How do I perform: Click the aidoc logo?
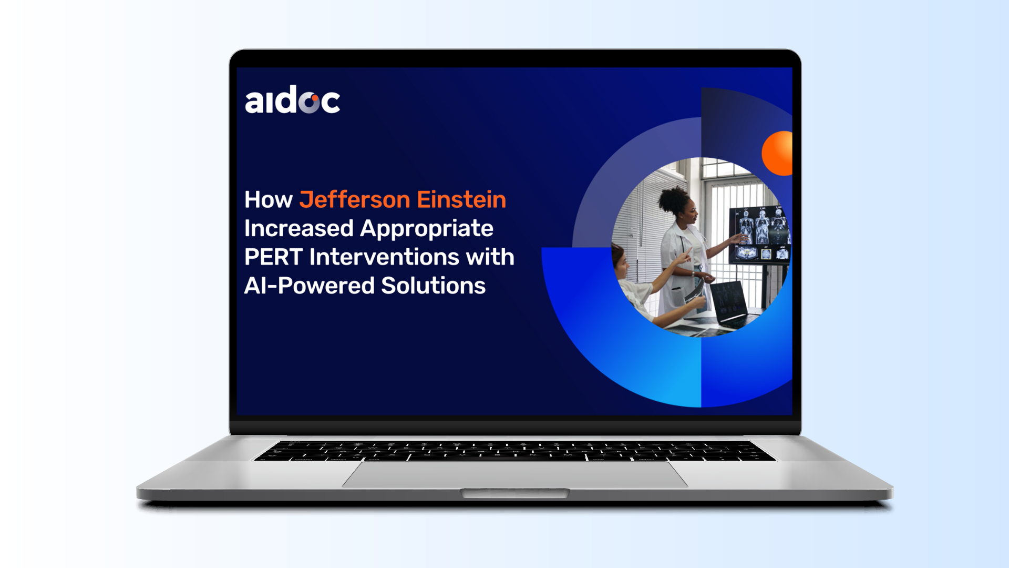tap(292, 99)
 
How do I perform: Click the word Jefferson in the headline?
tap(355, 200)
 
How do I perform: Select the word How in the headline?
tap(268, 200)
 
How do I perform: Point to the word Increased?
tap(298, 228)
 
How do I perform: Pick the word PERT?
tap(273, 257)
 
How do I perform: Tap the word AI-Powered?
tap(309, 286)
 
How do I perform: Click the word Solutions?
tap(433, 286)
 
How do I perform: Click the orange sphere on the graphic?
tap(777, 153)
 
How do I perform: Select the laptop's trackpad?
tap(515, 474)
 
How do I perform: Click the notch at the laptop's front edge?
tap(515, 493)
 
